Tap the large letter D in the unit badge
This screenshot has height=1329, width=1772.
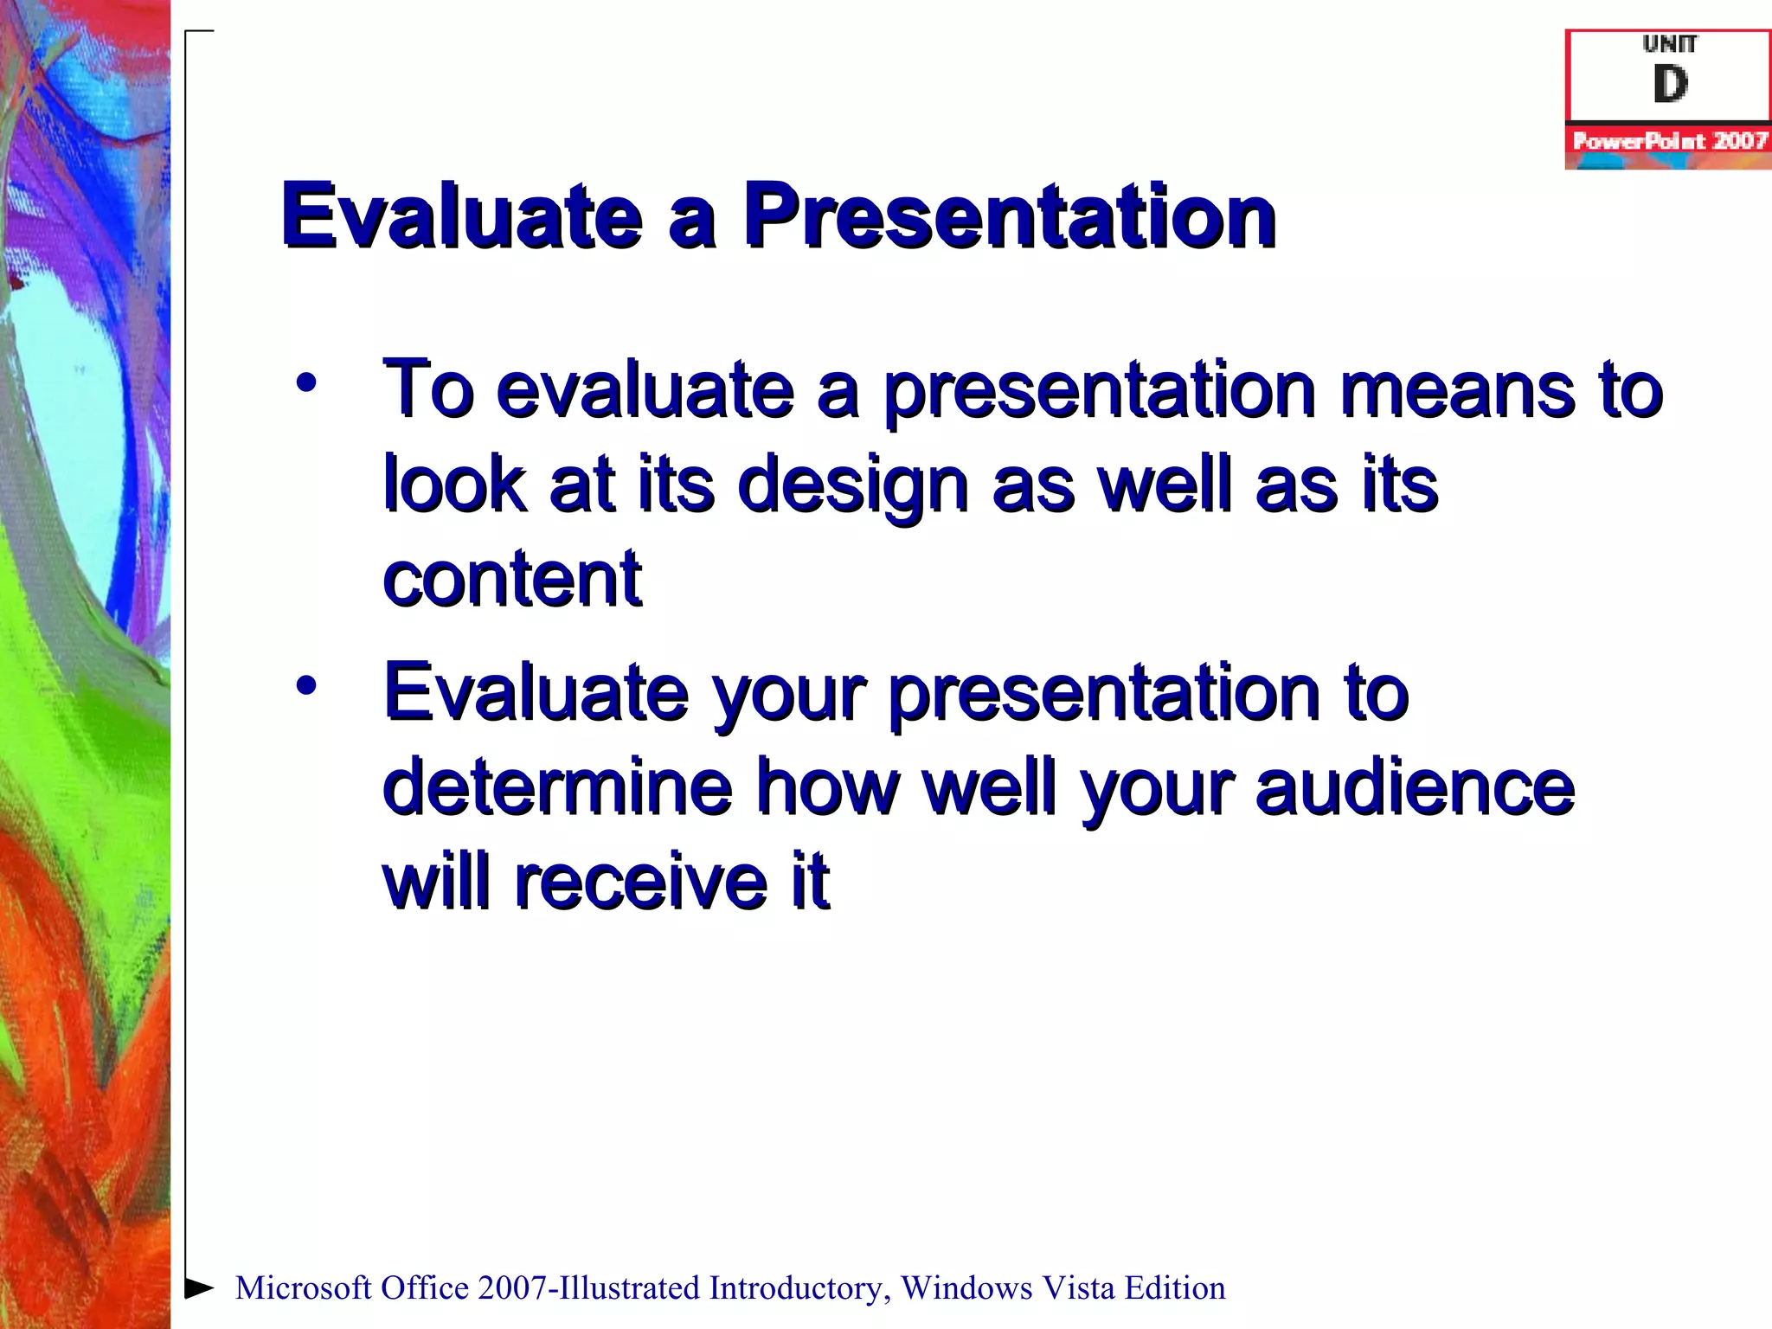(1669, 85)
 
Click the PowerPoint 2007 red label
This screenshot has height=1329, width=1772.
(1669, 140)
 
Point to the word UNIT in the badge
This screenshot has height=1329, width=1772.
(1669, 44)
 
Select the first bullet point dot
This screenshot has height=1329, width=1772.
(306, 382)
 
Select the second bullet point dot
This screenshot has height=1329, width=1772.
(306, 686)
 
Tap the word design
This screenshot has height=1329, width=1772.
(852, 485)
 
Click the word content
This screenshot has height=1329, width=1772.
(512, 579)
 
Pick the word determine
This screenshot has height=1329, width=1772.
(557, 787)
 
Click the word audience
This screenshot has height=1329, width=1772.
(1415, 787)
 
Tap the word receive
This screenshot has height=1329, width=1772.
(640, 883)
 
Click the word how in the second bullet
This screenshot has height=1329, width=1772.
(828, 787)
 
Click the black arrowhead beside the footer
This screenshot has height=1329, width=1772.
(200, 1287)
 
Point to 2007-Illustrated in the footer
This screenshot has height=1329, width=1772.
(588, 1288)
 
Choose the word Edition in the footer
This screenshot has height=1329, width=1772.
(1175, 1288)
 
